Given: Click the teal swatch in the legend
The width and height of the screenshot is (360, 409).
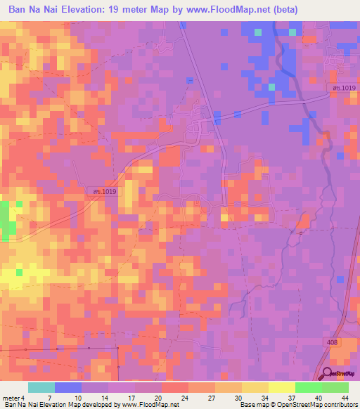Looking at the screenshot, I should [41, 387].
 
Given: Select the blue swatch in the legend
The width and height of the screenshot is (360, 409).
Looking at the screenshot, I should [68, 387].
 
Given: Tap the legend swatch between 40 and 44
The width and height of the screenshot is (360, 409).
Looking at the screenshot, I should [335, 387].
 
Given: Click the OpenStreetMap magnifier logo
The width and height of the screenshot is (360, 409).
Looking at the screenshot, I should [327, 374].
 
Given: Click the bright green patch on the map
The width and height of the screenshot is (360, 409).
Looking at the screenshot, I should [8, 219].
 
